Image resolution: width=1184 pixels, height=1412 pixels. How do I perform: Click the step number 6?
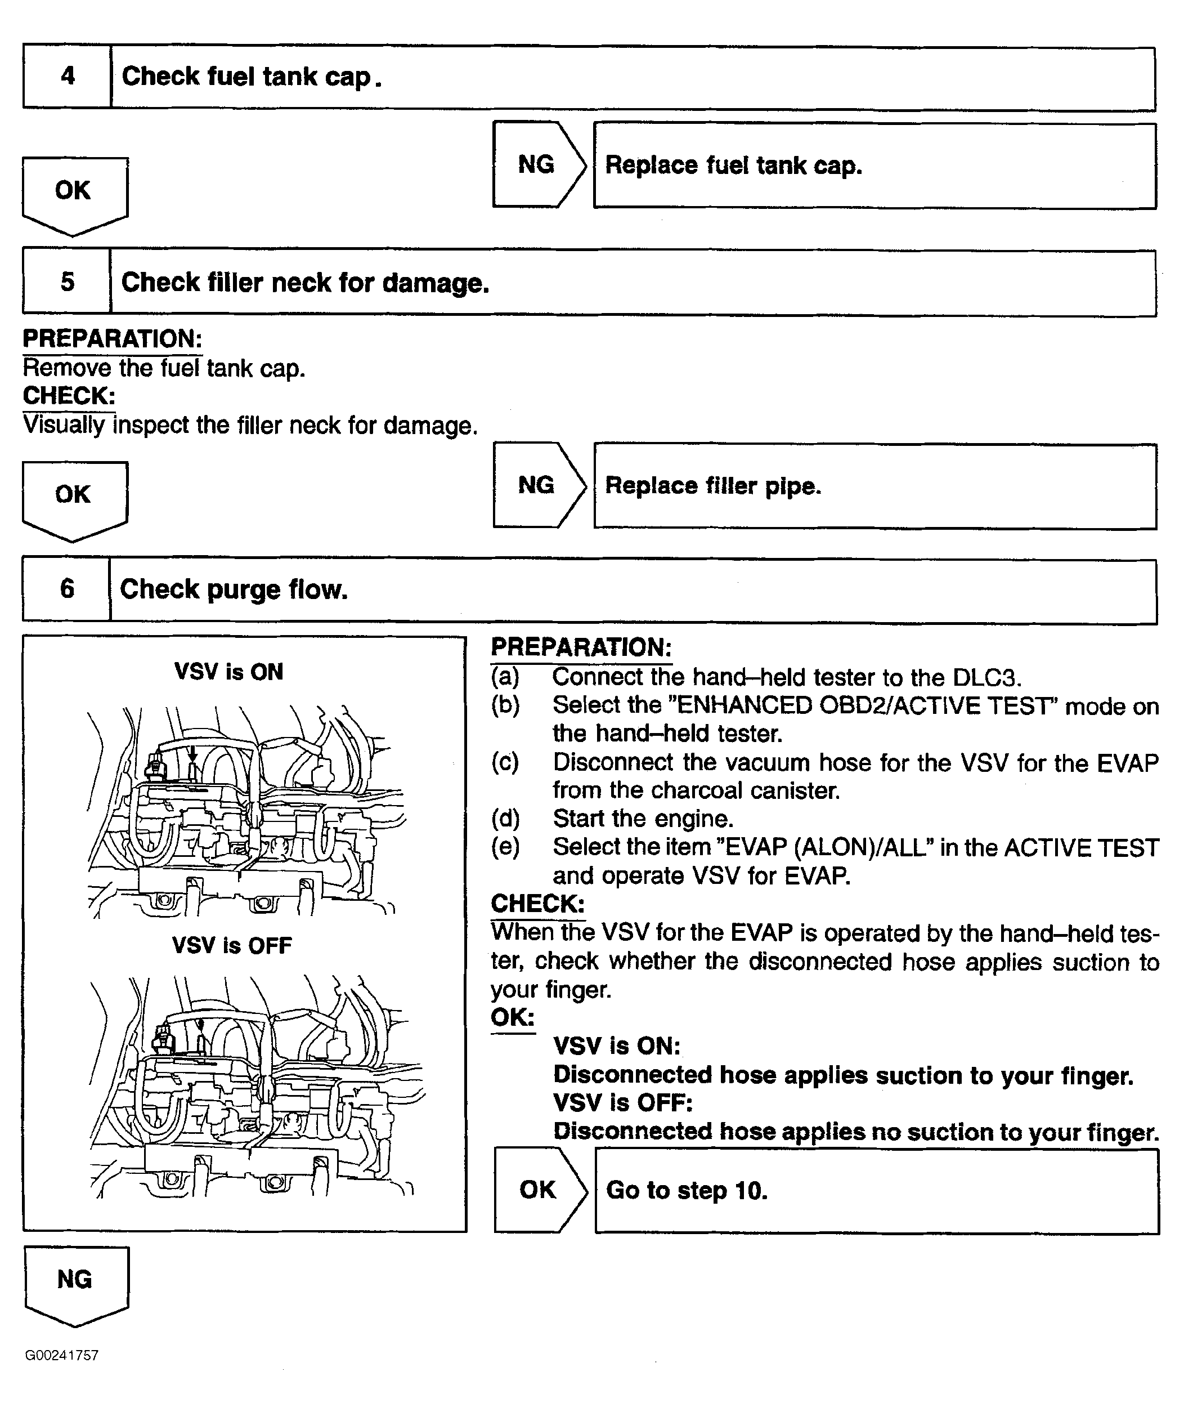click(67, 589)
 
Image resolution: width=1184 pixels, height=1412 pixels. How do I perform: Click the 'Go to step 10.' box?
click(876, 1191)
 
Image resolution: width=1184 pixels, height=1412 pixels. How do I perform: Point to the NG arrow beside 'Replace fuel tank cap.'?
click(537, 165)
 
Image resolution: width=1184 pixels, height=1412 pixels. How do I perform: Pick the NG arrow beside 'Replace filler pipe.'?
click(537, 485)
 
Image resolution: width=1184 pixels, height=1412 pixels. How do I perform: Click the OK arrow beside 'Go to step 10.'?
click(539, 1190)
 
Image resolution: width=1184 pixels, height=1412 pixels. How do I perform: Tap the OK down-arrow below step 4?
click(74, 193)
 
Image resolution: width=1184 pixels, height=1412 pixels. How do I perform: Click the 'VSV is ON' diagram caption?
click(228, 672)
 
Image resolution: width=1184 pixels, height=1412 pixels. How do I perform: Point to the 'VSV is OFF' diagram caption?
click(232, 946)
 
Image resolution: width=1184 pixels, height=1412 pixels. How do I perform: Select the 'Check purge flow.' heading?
click(234, 589)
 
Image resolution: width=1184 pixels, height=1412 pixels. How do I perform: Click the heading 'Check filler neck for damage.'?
click(305, 283)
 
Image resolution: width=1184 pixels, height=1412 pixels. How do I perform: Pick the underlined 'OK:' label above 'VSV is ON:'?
click(512, 1017)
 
